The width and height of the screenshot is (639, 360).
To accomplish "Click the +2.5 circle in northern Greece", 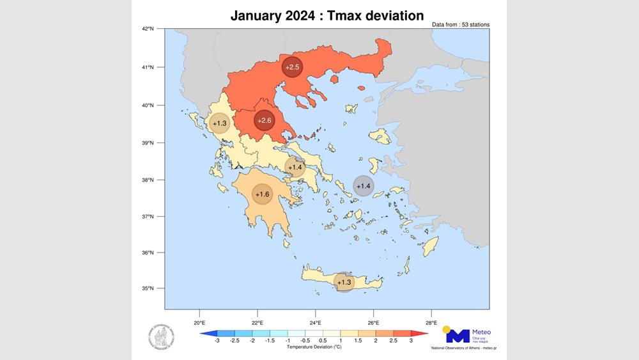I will pyautogui.click(x=292, y=67).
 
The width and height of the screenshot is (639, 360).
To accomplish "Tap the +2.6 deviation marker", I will pyautogui.click(x=265, y=120).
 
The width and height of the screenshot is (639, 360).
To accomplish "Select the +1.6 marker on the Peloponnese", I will pyautogui.click(x=262, y=194).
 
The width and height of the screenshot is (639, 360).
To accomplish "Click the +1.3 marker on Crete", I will pyautogui.click(x=344, y=282).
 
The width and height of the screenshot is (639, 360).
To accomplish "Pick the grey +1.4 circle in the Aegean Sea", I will pyautogui.click(x=363, y=185).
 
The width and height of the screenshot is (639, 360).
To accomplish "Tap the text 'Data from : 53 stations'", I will pyautogui.click(x=461, y=24).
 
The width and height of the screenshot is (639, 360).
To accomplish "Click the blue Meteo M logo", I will pyautogui.click(x=457, y=335).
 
